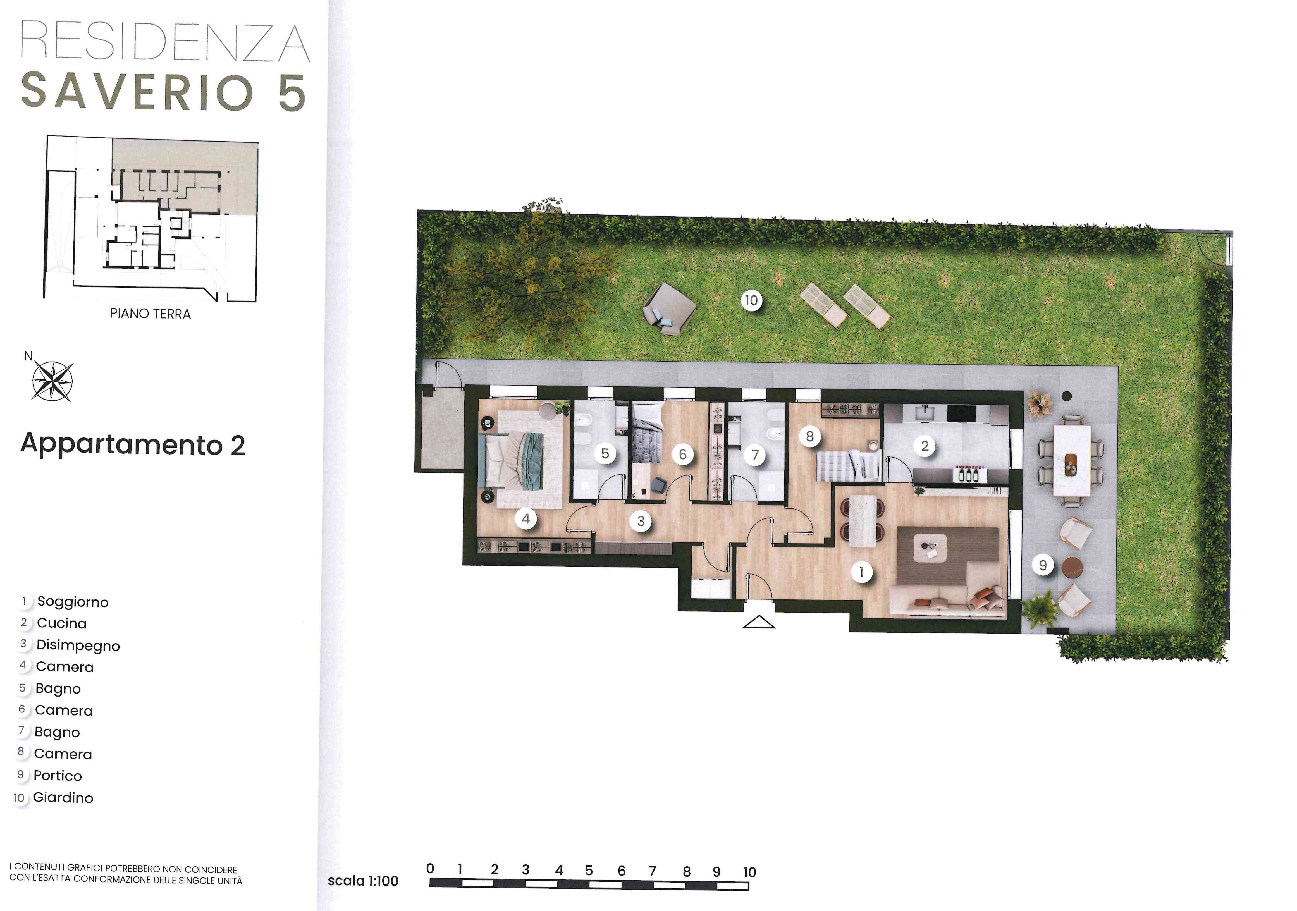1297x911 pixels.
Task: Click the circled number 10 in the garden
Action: pyautogui.click(x=751, y=300)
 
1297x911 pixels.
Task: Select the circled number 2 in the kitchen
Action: pyautogui.click(x=925, y=446)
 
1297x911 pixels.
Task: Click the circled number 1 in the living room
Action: pyautogui.click(x=861, y=572)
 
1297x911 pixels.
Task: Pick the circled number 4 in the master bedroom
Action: pyautogui.click(x=526, y=518)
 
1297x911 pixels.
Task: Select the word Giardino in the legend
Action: pyautogui.click(x=63, y=797)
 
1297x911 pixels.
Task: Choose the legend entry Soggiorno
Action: pyautogui.click(x=73, y=602)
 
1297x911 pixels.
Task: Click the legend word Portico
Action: pyautogui.click(x=58, y=775)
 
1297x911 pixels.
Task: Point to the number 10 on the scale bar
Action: pyautogui.click(x=749, y=872)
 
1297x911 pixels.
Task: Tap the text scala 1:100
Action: pyautogui.click(x=363, y=881)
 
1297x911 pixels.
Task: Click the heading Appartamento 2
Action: pyautogui.click(x=133, y=444)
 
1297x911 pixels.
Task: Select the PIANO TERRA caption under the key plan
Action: pyautogui.click(x=150, y=314)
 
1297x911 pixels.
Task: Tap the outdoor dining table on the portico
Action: pyautogui.click(x=1072, y=460)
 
